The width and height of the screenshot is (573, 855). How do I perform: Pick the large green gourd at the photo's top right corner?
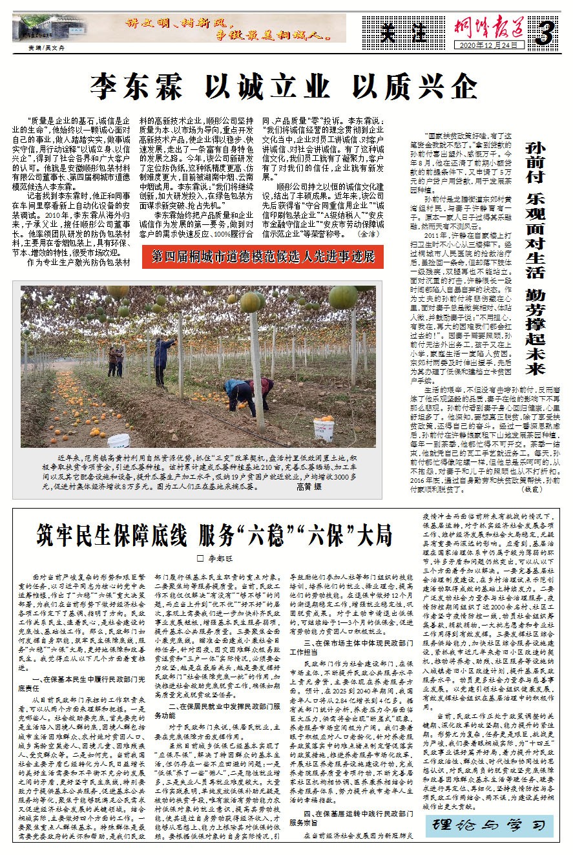(344, 297)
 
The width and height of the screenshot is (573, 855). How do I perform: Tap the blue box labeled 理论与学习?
(488, 826)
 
